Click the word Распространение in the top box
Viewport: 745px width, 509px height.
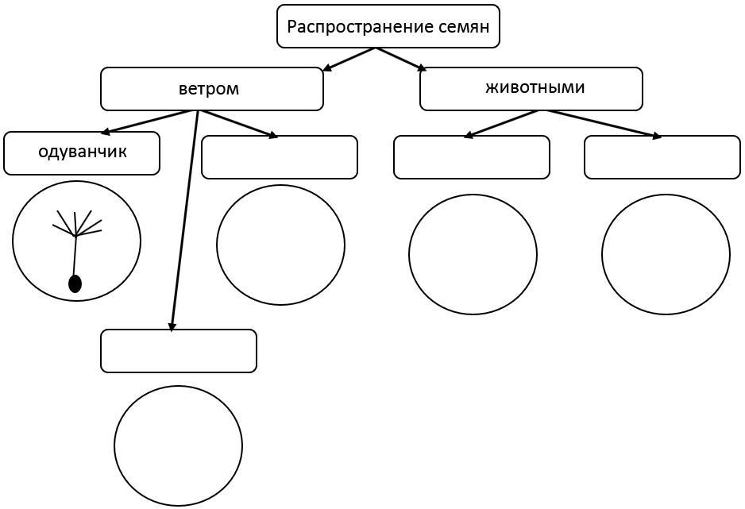point(349,27)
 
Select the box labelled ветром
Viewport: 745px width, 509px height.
point(211,89)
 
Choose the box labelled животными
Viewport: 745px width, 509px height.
point(531,88)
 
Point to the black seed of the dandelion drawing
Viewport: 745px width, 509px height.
point(75,283)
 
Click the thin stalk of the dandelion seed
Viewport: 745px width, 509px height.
point(75,256)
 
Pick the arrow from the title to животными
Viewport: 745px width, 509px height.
point(401,60)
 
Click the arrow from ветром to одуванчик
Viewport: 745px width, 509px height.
point(149,121)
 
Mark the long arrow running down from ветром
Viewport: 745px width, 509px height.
point(183,222)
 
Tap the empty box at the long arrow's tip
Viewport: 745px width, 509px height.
point(179,351)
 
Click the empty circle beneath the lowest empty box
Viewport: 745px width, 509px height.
point(178,445)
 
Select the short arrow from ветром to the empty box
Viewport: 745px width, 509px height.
point(237,124)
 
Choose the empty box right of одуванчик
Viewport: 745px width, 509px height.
point(280,157)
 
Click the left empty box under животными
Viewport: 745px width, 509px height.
point(472,157)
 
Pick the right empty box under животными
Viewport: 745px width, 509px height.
point(662,157)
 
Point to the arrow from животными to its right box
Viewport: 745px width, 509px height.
point(604,124)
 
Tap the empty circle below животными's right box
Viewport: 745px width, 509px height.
point(666,254)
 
